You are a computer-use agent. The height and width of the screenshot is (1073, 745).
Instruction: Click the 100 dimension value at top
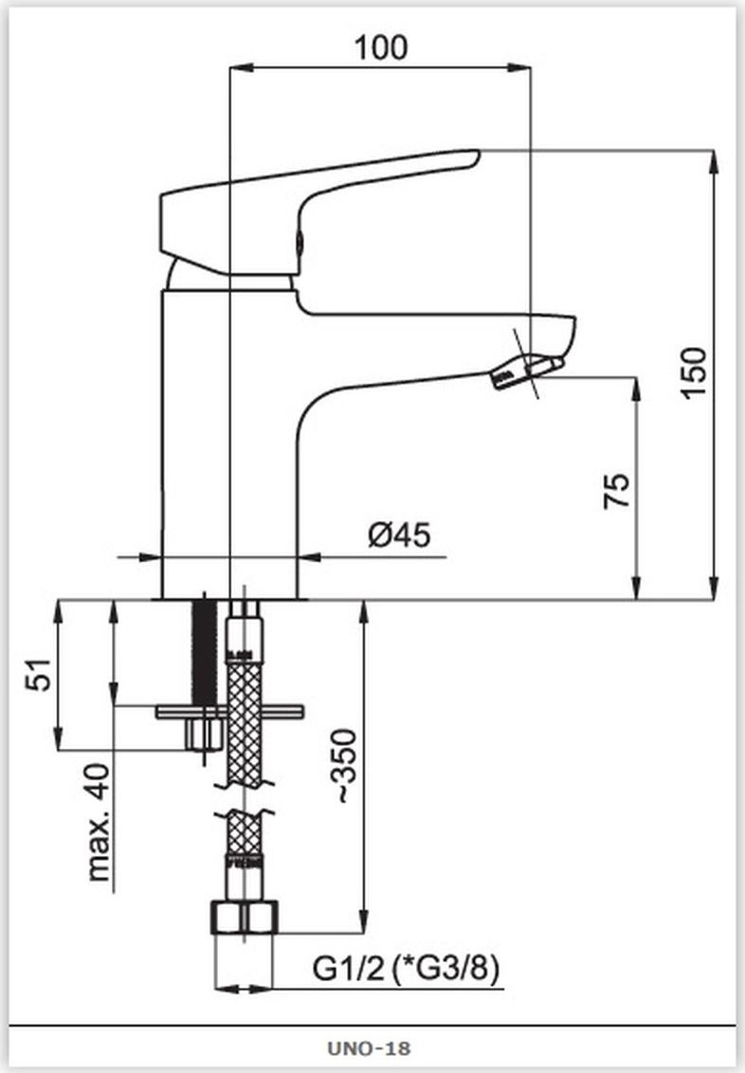[381, 48]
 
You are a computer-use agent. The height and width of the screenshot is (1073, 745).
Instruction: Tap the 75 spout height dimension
[616, 490]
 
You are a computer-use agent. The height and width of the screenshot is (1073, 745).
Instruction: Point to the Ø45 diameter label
[400, 535]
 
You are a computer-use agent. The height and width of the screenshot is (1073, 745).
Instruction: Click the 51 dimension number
[39, 674]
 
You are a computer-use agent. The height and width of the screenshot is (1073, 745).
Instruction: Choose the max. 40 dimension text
[99, 822]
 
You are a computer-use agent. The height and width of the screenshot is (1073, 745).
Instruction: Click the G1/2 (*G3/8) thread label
[407, 969]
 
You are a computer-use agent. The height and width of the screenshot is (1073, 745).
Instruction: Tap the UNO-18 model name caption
[369, 1047]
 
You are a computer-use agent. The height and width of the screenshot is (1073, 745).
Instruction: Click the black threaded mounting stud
[203, 650]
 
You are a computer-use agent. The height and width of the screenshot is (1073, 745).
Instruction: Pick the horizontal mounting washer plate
[229, 713]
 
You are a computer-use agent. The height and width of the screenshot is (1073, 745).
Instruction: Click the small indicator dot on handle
[299, 241]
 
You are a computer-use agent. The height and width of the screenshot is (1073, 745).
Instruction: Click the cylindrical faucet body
[229, 444]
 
